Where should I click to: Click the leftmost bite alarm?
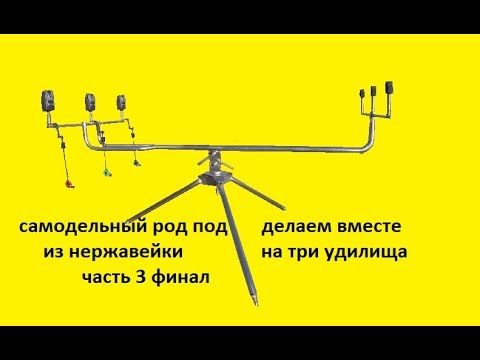point(46,100)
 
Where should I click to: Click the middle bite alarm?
point(88,100)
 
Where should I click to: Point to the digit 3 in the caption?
point(145,277)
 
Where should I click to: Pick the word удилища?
point(377,254)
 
